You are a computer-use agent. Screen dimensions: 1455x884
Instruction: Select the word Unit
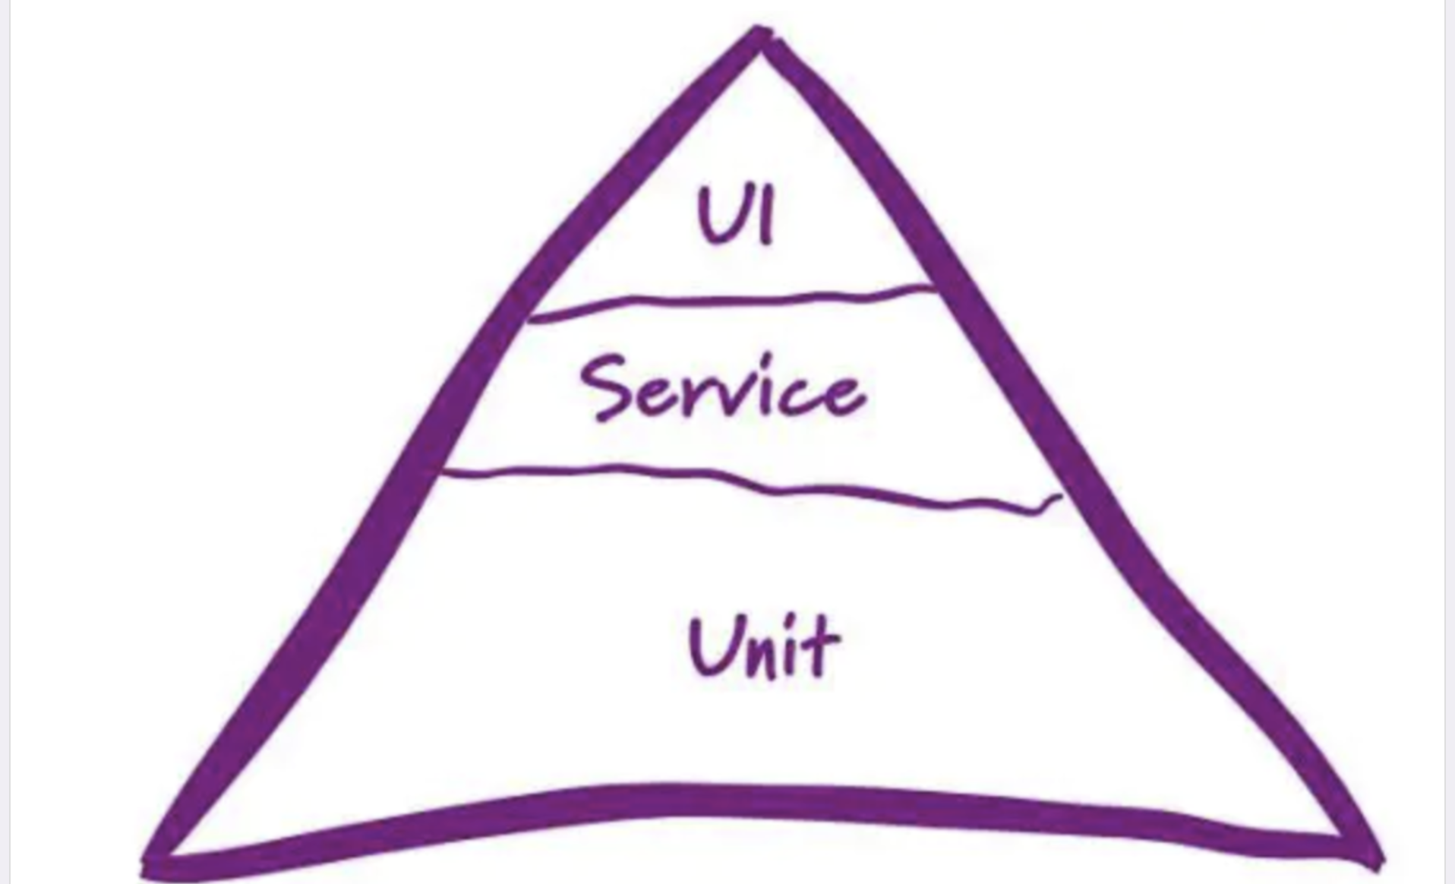(763, 647)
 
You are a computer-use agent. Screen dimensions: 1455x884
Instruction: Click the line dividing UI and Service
(729, 302)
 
